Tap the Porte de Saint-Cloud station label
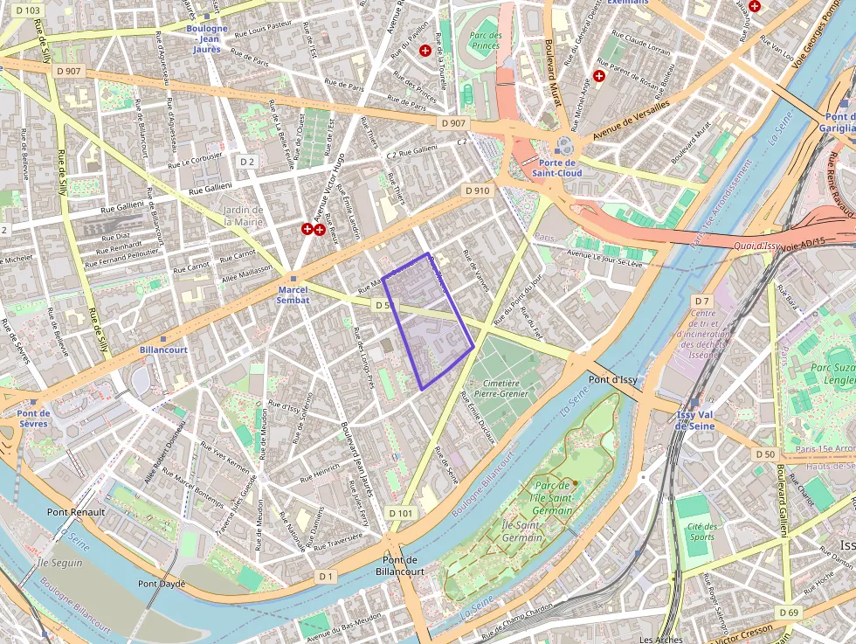tap(557, 168)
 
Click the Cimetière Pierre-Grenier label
tap(495, 388)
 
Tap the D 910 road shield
tap(478, 190)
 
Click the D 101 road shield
tap(399, 513)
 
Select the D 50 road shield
tap(765, 454)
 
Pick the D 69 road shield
tap(789, 612)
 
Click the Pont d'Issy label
tap(612, 380)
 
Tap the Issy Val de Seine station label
tap(695, 420)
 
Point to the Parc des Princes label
tap(485, 40)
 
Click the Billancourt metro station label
tap(163, 350)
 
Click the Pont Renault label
tap(76, 512)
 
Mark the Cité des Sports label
tap(702, 531)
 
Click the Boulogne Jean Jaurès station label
tap(207, 38)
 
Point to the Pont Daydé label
tap(162, 583)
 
